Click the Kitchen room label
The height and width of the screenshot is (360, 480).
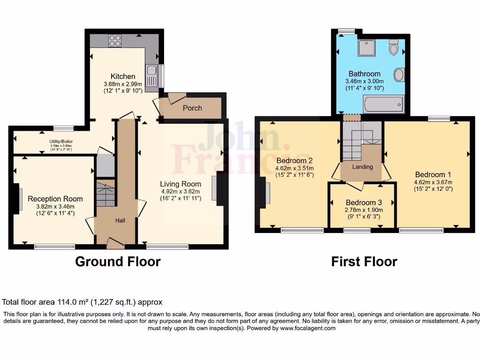pyautogui.click(x=123, y=76)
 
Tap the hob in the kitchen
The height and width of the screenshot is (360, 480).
pyautogui.click(x=115, y=41)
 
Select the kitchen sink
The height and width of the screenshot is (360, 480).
pyautogui.click(x=151, y=72)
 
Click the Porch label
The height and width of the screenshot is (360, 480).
pyautogui.click(x=192, y=108)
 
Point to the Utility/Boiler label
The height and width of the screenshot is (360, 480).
pyautogui.click(x=61, y=141)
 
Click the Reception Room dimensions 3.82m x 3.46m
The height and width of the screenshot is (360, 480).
pyautogui.click(x=55, y=206)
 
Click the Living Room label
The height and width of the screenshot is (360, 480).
pyautogui.click(x=180, y=184)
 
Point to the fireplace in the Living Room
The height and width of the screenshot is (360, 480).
pyautogui.click(x=214, y=189)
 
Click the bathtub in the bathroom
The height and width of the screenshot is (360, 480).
pyautogui.click(x=384, y=104)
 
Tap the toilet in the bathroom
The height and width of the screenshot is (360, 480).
pyautogui.click(x=393, y=47)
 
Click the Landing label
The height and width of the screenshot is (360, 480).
pyautogui.click(x=362, y=167)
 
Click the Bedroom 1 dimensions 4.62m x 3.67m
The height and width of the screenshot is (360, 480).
pyautogui.click(x=433, y=182)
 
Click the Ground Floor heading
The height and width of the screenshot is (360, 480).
pyautogui.click(x=118, y=262)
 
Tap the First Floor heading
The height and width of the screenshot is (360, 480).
pyautogui.click(x=364, y=262)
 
